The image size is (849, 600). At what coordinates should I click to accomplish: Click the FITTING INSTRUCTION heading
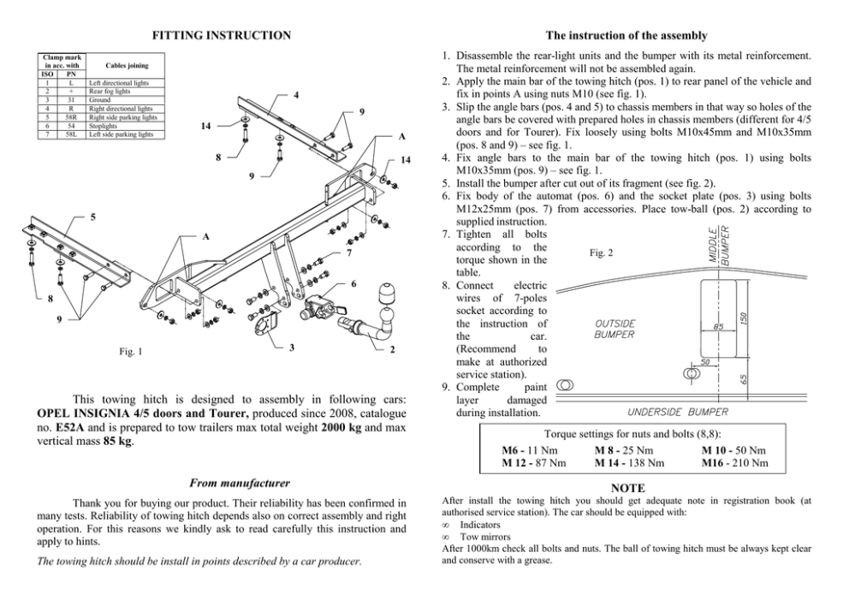[221, 35]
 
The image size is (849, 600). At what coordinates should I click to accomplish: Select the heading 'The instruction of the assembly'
[626, 35]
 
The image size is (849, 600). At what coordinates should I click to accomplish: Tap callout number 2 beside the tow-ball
[392, 349]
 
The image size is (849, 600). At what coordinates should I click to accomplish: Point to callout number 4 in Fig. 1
[295, 93]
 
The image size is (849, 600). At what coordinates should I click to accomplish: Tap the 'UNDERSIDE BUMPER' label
[678, 412]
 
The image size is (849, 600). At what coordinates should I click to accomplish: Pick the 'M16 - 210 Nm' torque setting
[734, 463]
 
